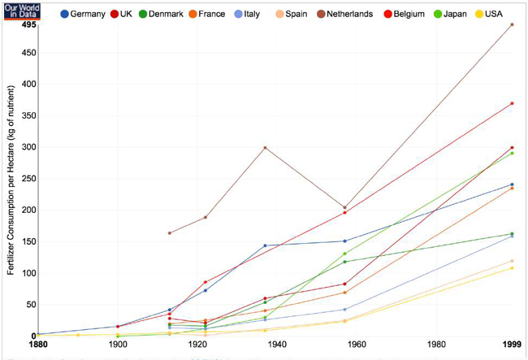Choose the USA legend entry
(495, 14)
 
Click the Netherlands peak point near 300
(266, 147)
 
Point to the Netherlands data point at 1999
(512, 25)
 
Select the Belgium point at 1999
(512, 103)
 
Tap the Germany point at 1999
(512, 184)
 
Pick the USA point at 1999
(512, 267)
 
